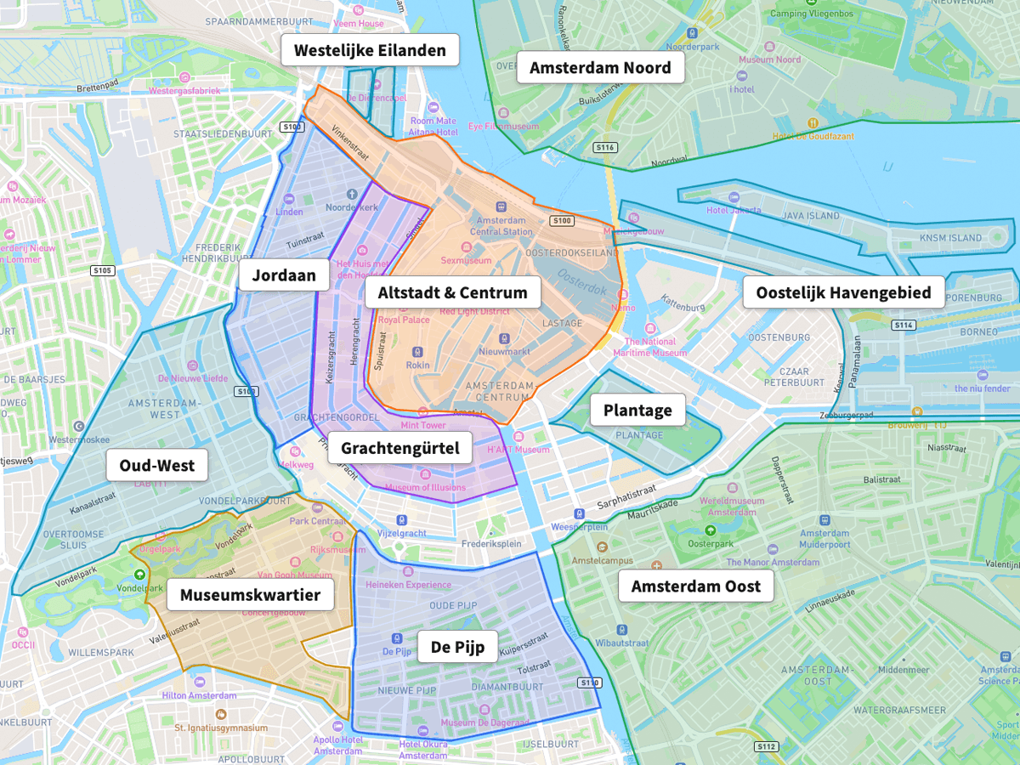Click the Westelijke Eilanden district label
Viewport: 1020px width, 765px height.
coord(370,50)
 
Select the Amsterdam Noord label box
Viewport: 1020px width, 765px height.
coord(600,67)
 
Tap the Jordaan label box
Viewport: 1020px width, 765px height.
coord(284,275)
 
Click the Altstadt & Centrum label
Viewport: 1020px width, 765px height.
coord(452,293)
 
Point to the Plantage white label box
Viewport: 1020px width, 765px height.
coord(637,411)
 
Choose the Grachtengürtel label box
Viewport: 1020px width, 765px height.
coord(399,448)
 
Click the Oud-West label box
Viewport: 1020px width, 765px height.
coord(156,465)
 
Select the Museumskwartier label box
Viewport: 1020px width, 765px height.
coord(250,595)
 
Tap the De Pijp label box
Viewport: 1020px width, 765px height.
coord(457,647)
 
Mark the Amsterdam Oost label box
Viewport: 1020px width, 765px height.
coord(695,586)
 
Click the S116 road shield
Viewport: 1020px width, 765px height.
coord(605,148)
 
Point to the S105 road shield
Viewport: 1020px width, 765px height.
coord(102,270)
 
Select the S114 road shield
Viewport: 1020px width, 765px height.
coord(903,325)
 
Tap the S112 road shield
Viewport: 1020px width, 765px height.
coord(766,746)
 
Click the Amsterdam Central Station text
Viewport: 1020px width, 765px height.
coord(501,225)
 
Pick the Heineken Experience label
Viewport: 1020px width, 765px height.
coord(408,585)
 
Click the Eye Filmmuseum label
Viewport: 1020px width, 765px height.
coord(503,126)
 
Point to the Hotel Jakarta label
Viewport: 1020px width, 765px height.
coord(733,211)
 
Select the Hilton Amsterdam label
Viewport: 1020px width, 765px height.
coord(199,695)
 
